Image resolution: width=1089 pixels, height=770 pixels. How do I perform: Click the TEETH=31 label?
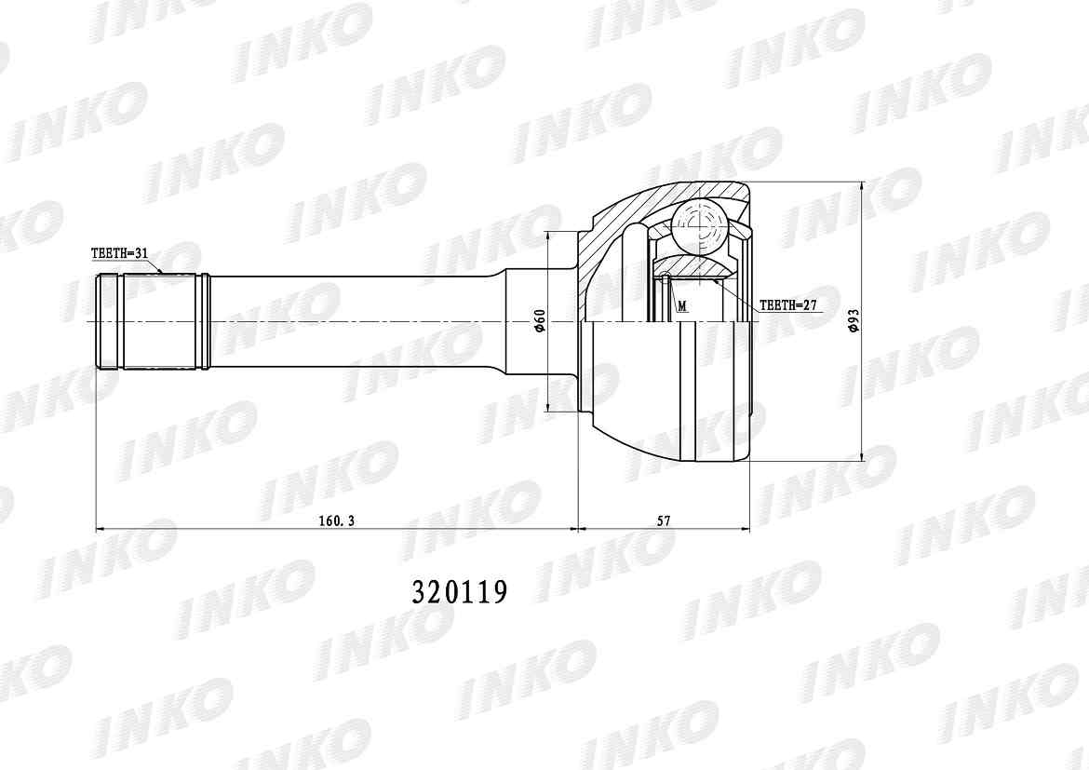click(x=119, y=253)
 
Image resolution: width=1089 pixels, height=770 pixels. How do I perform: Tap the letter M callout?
click(x=682, y=305)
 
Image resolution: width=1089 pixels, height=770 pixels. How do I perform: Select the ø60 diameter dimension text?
click(x=539, y=321)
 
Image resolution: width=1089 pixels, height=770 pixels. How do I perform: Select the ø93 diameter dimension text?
click(x=853, y=321)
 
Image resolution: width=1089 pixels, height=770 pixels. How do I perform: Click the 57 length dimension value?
click(x=664, y=521)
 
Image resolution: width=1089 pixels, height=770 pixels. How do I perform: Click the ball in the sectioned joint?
click(x=699, y=226)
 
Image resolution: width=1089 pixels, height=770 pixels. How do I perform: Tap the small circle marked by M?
click(x=666, y=275)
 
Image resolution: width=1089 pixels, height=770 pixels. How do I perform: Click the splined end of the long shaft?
click(x=154, y=321)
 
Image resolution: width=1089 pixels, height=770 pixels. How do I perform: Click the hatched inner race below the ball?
click(x=693, y=268)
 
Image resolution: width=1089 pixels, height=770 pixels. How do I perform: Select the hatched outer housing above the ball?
click(x=642, y=204)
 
